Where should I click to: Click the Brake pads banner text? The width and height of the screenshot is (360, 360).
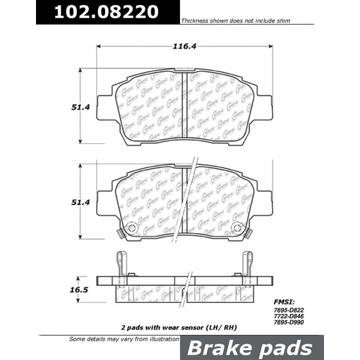tap(251, 347)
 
